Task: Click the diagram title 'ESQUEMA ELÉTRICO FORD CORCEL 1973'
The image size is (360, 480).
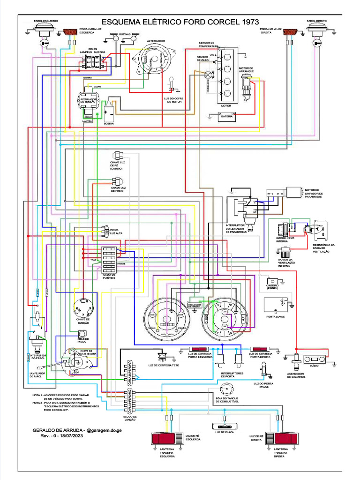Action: coord(180,22)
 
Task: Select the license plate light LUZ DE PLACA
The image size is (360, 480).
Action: coord(225,427)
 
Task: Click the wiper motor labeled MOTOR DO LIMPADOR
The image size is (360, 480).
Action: coord(295,193)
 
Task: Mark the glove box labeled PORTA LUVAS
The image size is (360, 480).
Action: coord(277,305)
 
